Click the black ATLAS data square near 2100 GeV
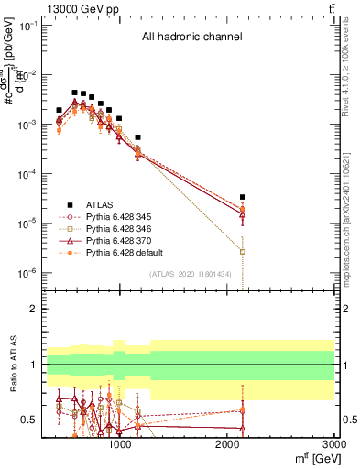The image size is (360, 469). point(243,197)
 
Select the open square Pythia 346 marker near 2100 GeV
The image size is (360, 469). point(243,251)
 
